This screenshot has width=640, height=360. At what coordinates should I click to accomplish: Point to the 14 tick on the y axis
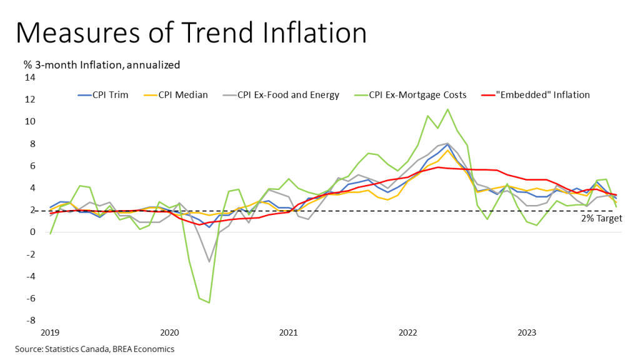click(29, 77)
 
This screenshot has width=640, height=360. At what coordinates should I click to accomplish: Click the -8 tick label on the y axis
click(29, 321)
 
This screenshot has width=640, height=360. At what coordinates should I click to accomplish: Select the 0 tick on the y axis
click(32, 232)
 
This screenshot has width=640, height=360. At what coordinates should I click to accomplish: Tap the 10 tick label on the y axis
click(29, 121)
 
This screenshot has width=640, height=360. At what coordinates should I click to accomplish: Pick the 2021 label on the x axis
click(288, 332)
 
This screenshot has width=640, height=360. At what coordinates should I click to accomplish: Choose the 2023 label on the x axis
click(528, 332)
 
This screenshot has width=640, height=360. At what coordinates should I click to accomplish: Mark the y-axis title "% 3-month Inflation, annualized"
click(102, 64)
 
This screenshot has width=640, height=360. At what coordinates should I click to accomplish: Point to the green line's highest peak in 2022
click(447, 109)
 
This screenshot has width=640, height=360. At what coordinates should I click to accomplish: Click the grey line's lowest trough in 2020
click(209, 261)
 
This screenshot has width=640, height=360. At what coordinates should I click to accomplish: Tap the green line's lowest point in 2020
click(209, 302)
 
